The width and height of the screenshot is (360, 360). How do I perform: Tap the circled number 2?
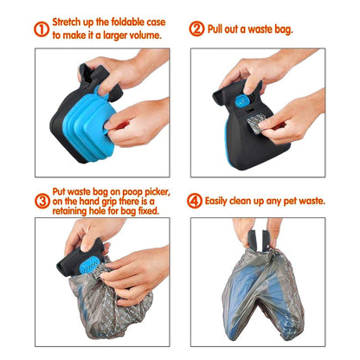196,29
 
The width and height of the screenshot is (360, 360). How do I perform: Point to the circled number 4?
196,201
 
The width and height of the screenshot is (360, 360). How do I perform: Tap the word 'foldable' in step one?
129,21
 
